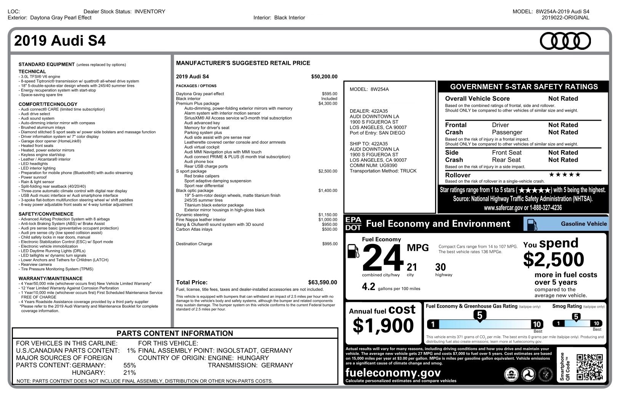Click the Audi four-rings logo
[x=565, y=41]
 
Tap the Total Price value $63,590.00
[x=322, y=282]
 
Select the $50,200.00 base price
[x=324, y=77]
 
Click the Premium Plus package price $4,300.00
[x=328, y=104]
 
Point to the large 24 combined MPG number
[x=383, y=258]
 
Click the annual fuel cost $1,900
[x=383, y=325]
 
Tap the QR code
[x=589, y=367]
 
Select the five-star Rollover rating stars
[x=565, y=175]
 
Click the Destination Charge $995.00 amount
[x=330, y=244]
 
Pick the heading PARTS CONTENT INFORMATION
[x=175, y=333]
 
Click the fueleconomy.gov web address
[x=393, y=373]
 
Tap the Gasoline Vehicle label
[x=583, y=224]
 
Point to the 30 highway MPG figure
[x=440, y=267]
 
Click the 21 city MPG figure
[x=412, y=267]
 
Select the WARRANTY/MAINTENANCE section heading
[x=50, y=279]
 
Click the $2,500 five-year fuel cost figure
[x=553, y=260]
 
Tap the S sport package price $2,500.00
[x=328, y=171]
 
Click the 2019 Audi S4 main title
[x=60, y=41]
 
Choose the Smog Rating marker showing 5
[x=576, y=317]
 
